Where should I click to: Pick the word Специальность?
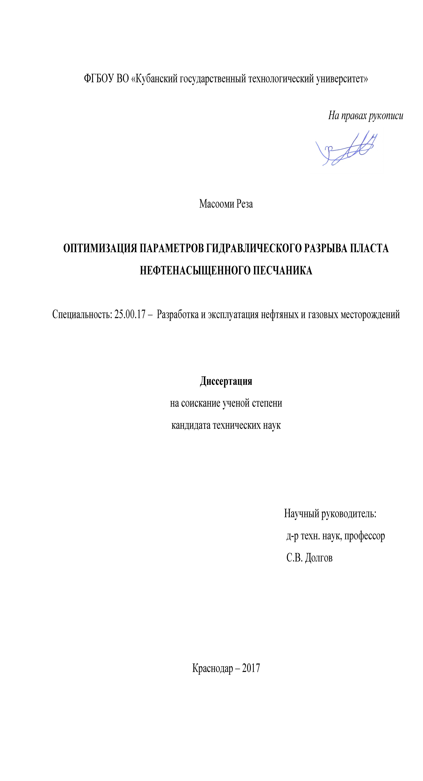point(82,314)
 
